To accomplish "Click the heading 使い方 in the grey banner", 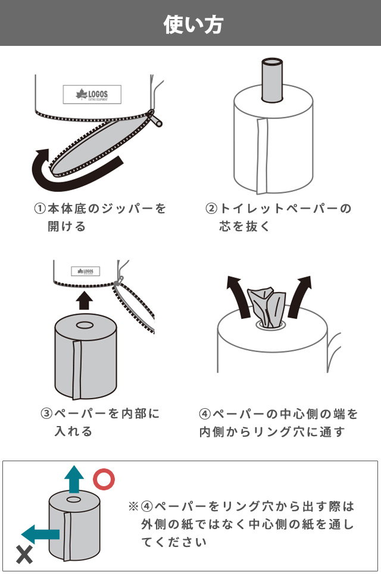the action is click(x=193, y=24).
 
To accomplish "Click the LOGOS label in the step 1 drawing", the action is click(x=92, y=95).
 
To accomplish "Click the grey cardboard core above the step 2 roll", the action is click(x=272, y=79).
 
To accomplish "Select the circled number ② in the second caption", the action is click(x=211, y=209).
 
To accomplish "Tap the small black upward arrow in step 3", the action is click(x=85, y=300).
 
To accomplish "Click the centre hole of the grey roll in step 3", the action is click(x=85, y=325).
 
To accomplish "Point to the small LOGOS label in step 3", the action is click(x=85, y=271).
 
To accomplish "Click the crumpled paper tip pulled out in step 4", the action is click(x=266, y=307).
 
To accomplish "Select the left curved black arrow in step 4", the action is click(x=238, y=296).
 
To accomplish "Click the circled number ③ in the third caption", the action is click(x=46, y=414).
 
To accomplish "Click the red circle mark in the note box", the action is click(x=104, y=479).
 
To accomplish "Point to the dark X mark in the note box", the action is click(x=24, y=555).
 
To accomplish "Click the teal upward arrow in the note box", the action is click(x=74, y=479).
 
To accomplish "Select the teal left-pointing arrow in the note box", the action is click(x=40, y=534).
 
